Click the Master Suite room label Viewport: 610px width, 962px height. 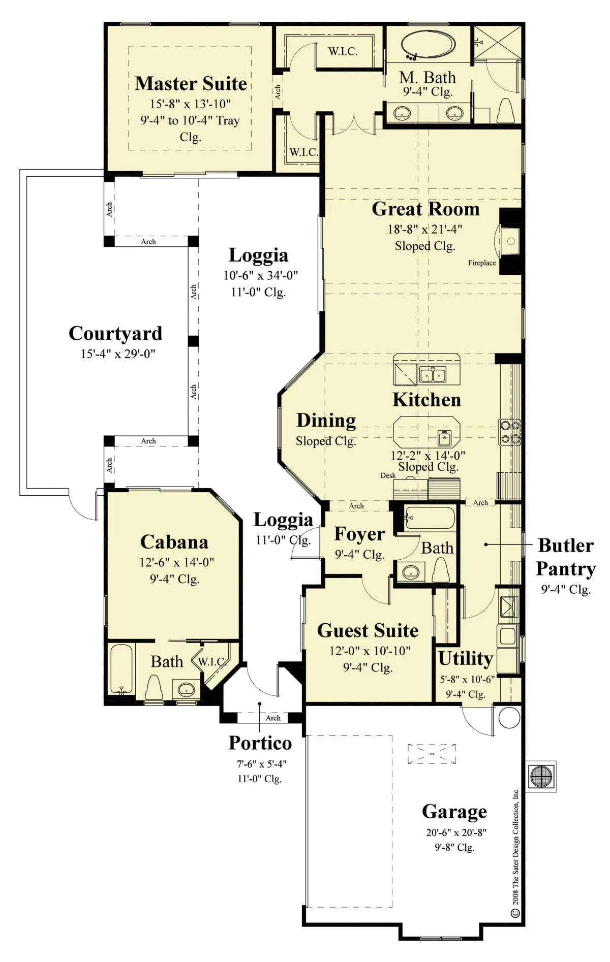coord(191,83)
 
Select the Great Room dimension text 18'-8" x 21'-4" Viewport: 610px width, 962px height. coord(425,229)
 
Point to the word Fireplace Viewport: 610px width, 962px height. coord(482,263)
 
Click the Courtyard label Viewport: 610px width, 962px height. coord(115,334)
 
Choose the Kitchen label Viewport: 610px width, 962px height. coord(427,400)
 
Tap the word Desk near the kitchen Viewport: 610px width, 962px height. coord(388,475)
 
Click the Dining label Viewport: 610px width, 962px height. coord(326,421)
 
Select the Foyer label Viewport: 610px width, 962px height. coord(359,535)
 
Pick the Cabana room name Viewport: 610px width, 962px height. coord(174,542)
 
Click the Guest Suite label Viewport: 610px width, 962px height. coord(368,631)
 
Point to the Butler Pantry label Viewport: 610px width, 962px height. coord(566,557)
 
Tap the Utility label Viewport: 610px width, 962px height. coord(466,659)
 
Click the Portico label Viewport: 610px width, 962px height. coord(260,743)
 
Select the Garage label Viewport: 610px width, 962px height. coord(454,812)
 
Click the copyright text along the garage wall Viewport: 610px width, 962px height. coord(515,853)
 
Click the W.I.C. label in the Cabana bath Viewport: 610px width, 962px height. coord(211,662)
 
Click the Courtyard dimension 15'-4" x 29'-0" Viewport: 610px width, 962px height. coord(118,354)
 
